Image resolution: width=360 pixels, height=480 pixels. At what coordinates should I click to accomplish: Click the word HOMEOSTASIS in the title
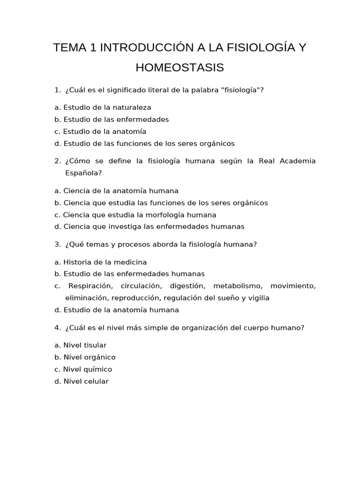(x=180, y=68)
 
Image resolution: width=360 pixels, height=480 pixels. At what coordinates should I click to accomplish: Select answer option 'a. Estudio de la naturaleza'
(x=103, y=107)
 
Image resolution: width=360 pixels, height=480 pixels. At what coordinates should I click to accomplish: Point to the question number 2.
(x=58, y=161)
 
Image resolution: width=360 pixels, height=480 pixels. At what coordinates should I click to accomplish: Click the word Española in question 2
(x=83, y=173)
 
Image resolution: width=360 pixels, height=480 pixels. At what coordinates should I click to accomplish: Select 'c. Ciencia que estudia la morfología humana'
(x=135, y=215)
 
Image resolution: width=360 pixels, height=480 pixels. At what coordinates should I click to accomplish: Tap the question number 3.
(x=58, y=245)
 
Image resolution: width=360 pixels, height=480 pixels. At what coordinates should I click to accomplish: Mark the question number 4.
(x=58, y=328)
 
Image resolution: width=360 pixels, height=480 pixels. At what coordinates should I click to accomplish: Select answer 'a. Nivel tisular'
(x=80, y=345)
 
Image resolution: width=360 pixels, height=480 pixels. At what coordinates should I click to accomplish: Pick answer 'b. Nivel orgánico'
(x=85, y=357)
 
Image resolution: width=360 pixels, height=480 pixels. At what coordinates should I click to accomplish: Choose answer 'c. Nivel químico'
(x=83, y=369)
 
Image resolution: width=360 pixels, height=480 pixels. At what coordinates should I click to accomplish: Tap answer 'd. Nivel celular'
(x=81, y=382)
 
